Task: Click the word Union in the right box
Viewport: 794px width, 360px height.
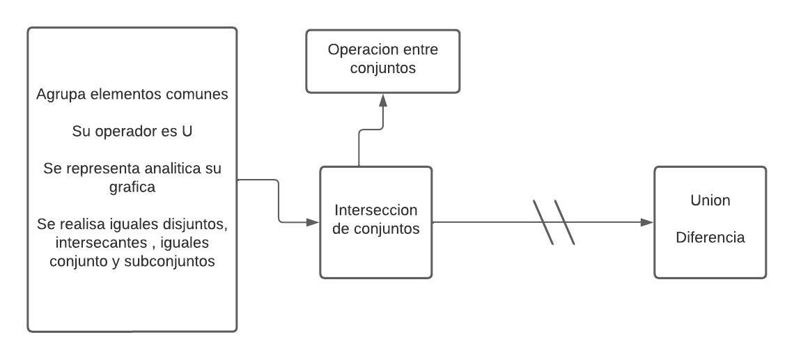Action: coord(710,201)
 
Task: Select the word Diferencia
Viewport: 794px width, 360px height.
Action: coord(710,237)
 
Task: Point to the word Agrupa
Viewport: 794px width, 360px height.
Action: coord(59,95)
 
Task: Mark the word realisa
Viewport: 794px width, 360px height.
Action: coord(81,226)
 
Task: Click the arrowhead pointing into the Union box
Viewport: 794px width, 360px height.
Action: coord(646,222)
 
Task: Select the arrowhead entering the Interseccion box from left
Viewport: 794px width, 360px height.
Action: coord(312,222)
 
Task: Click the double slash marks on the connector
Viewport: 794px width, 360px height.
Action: coord(554,223)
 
